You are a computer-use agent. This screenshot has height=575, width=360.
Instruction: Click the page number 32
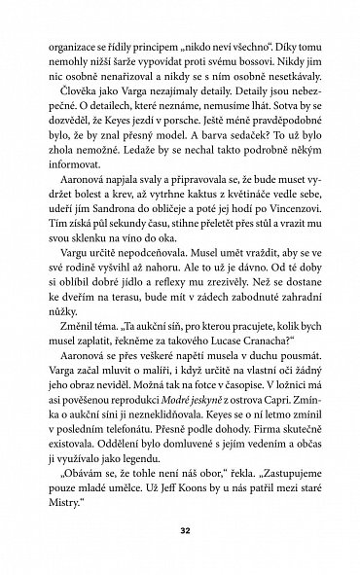pos(180,534)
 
